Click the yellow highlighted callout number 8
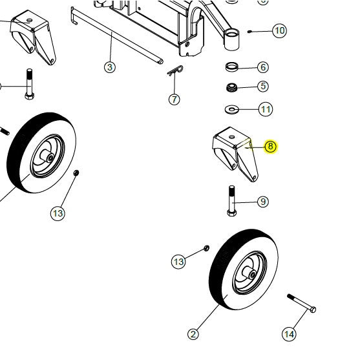[x=270, y=147]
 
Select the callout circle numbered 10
[x=279, y=30]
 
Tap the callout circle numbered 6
[x=262, y=67]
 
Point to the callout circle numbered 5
[x=262, y=86]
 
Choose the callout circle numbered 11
[x=266, y=109]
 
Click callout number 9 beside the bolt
[x=262, y=202]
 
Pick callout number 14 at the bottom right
[x=289, y=334]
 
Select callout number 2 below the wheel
[x=193, y=334]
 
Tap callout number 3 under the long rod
[x=110, y=67]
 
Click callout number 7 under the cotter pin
[x=174, y=100]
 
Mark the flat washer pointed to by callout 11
[x=231, y=108]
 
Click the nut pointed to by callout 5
[x=231, y=87]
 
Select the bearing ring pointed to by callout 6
[x=231, y=67]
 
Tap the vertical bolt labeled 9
[x=231, y=202]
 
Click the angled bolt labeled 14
[x=301, y=303]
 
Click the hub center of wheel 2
[x=248, y=275]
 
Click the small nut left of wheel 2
[x=206, y=248]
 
